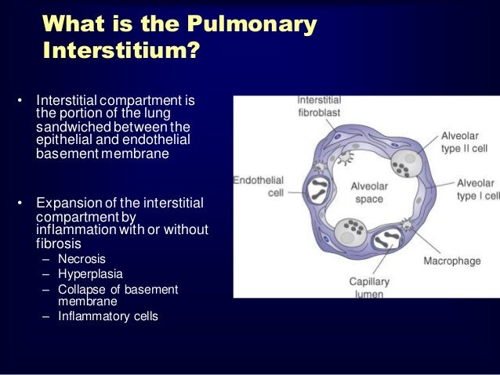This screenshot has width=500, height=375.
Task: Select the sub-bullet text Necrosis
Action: (82, 258)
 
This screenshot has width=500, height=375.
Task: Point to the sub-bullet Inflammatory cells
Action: (107, 316)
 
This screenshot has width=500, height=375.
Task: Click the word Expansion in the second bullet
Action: (67, 204)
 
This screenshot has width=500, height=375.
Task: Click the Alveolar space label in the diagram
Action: (364, 193)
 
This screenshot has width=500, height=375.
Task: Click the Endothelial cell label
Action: (259, 186)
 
